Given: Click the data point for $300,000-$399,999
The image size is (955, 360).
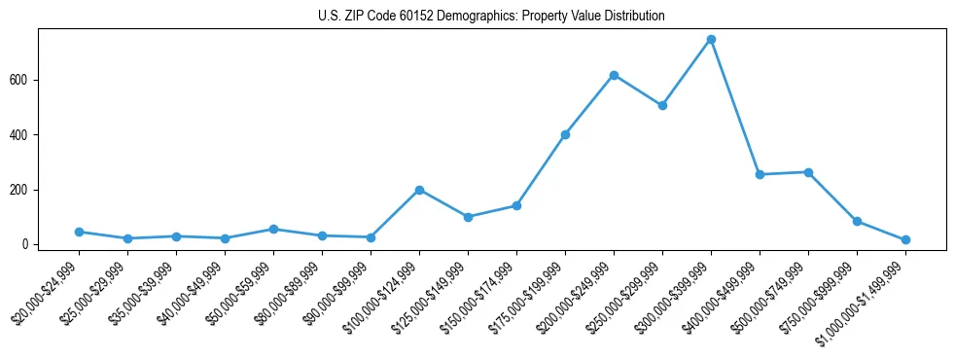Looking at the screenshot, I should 711,40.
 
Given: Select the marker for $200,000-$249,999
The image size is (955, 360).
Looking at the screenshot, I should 614,75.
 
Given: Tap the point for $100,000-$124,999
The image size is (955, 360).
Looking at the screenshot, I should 419,190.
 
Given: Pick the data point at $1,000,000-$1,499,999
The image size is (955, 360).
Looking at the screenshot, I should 905,239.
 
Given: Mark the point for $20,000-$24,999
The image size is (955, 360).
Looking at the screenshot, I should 79,232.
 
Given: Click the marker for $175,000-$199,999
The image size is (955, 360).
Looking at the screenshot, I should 565,134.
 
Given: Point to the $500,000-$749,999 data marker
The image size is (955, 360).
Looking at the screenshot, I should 808,172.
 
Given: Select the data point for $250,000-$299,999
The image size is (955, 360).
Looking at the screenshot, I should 662,105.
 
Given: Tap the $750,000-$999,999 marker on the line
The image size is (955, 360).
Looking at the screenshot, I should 857,221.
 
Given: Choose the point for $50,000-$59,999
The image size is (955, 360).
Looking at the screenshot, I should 273,229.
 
